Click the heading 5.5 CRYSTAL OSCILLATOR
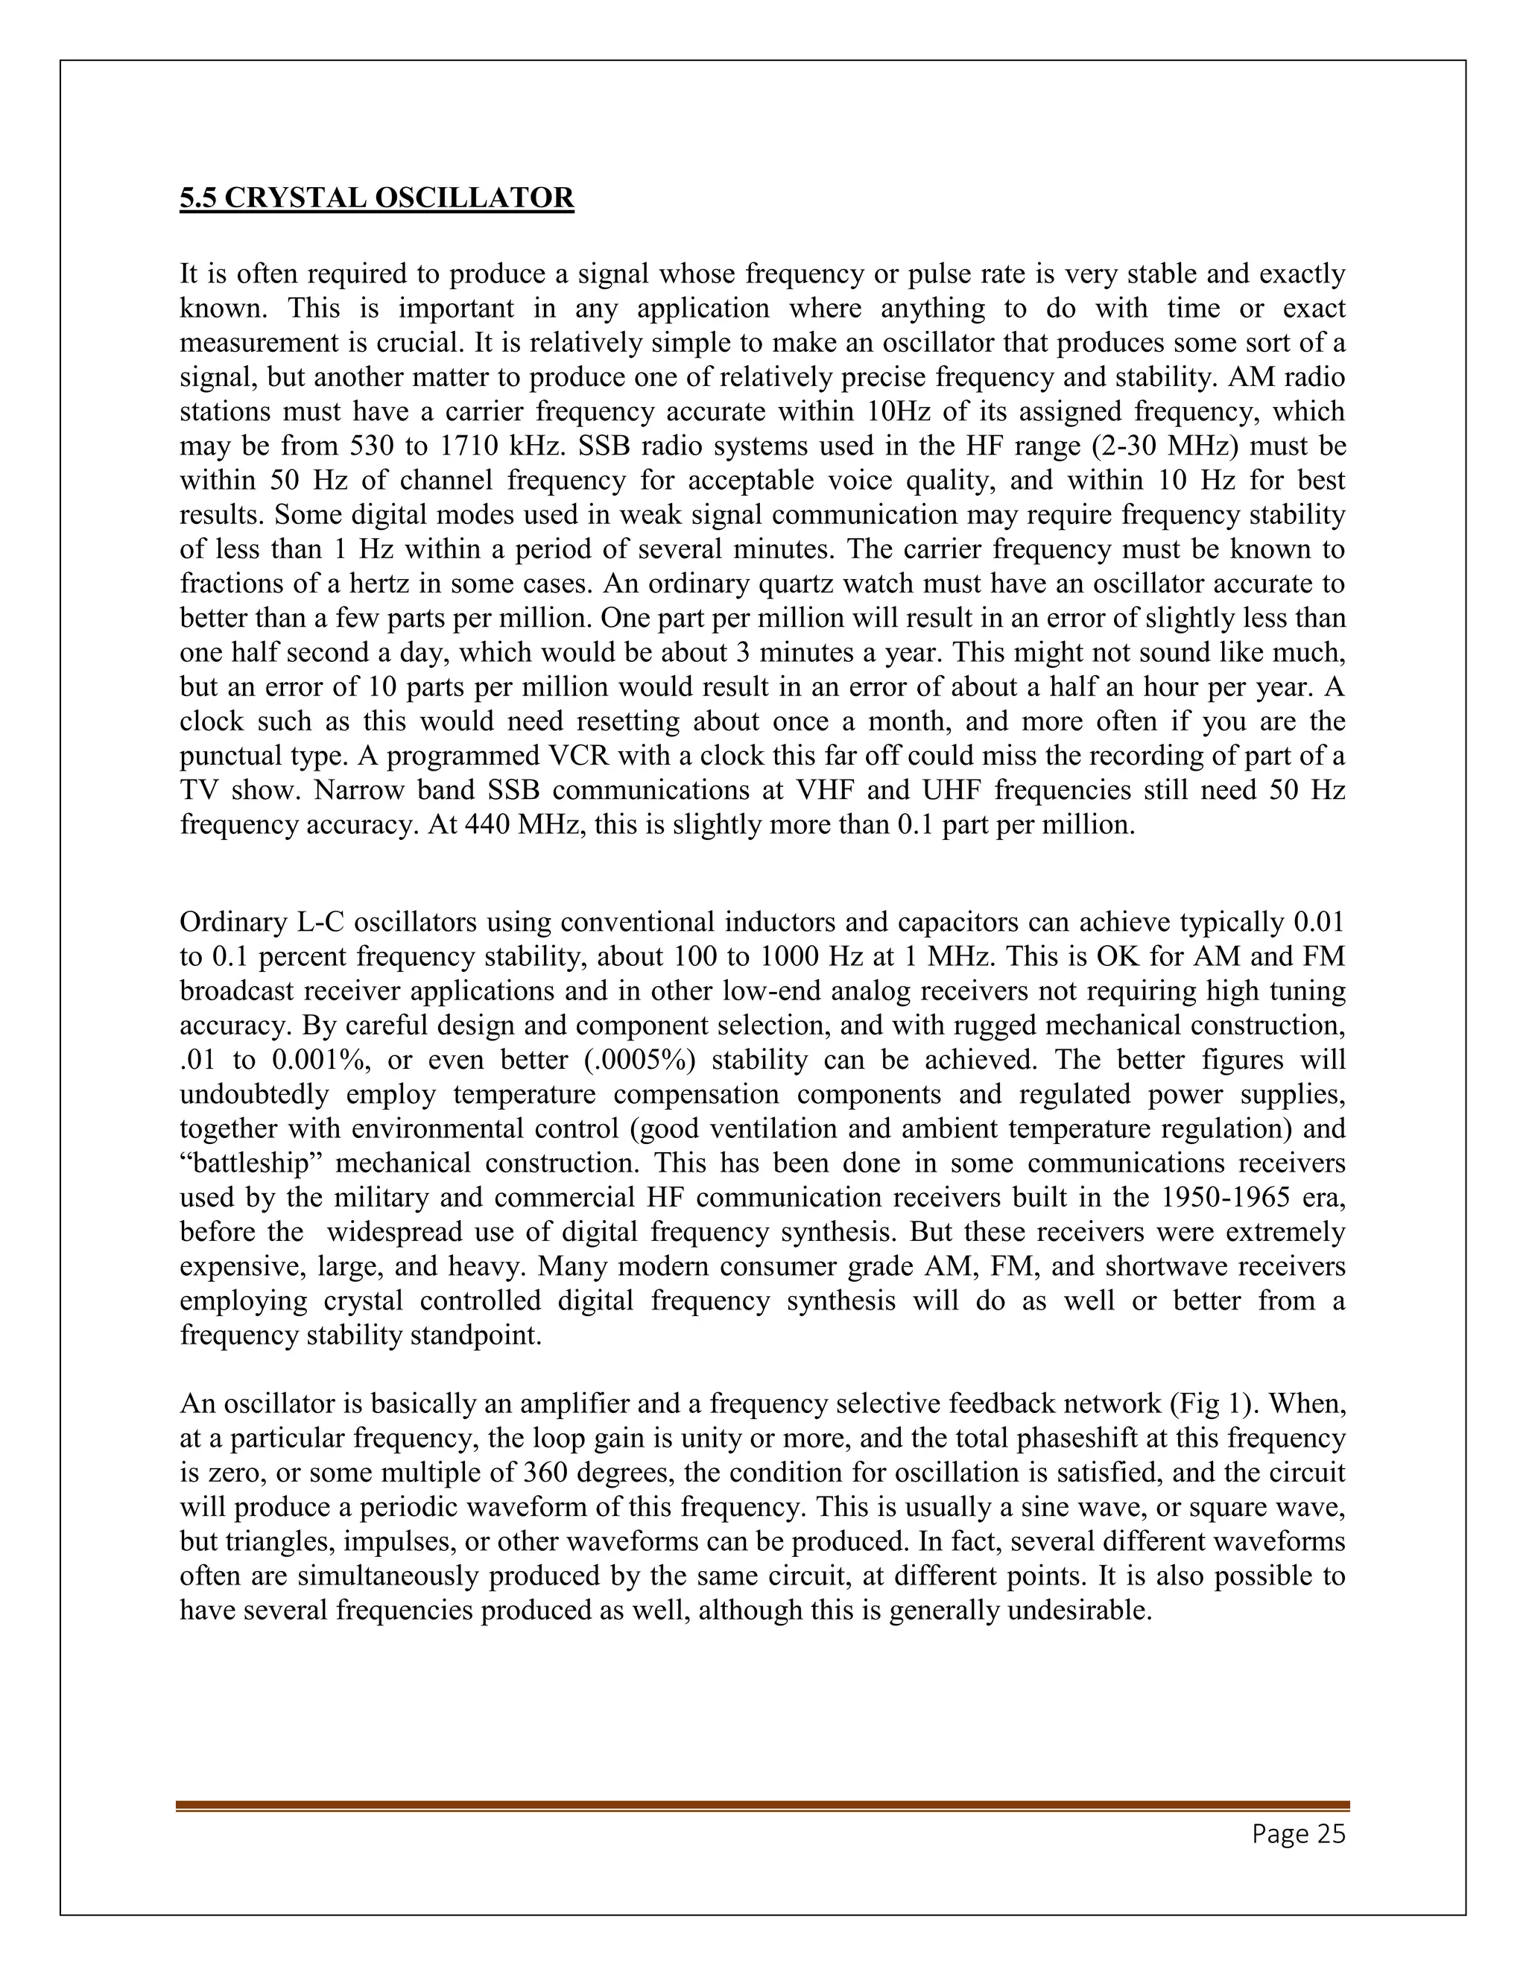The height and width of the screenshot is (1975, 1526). (376, 198)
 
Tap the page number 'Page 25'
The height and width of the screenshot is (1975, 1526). (1298, 1834)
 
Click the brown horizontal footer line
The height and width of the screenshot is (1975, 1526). (762, 1805)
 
